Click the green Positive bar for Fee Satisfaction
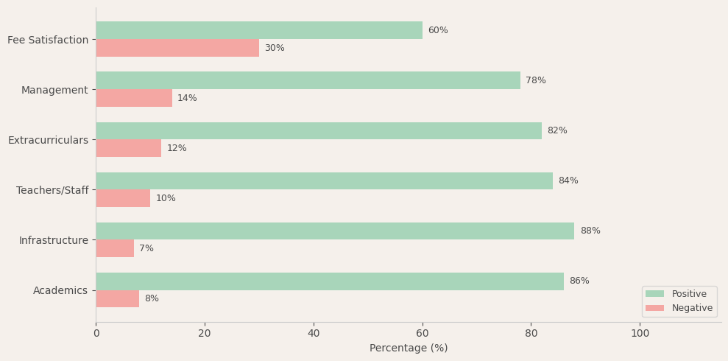(259, 30)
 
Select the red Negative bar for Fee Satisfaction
(177, 48)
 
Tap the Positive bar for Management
(308, 80)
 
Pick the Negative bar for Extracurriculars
(129, 148)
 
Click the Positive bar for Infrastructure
(335, 231)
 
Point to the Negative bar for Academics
(118, 298)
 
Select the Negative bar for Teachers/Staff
(123, 198)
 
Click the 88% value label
(590, 231)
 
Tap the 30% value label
(275, 48)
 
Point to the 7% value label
(146, 248)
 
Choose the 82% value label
(557, 130)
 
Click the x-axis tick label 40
(314, 333)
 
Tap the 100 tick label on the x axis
(640, 333)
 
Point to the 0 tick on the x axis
(96, 333)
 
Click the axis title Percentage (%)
(409, 348)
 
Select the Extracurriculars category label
(48, 140)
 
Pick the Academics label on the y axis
(60, 290)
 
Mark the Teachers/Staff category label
(52, 190)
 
